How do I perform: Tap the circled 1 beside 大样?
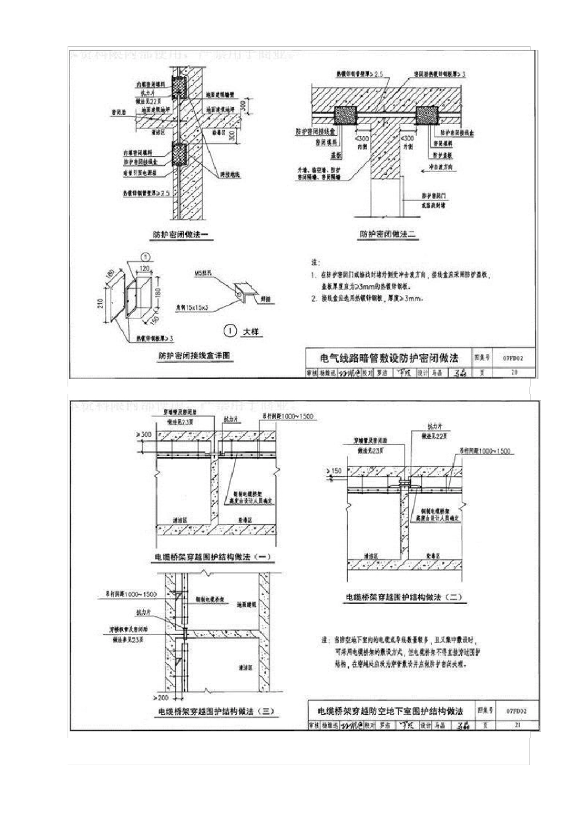click(x=230, y=331)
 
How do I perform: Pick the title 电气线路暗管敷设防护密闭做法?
click(x=389, y=358)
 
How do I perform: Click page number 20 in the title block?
click(x=514, y=372)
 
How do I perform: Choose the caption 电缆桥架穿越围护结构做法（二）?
click(x=403, y=596)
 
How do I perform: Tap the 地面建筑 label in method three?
click(x=247, y=605)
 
